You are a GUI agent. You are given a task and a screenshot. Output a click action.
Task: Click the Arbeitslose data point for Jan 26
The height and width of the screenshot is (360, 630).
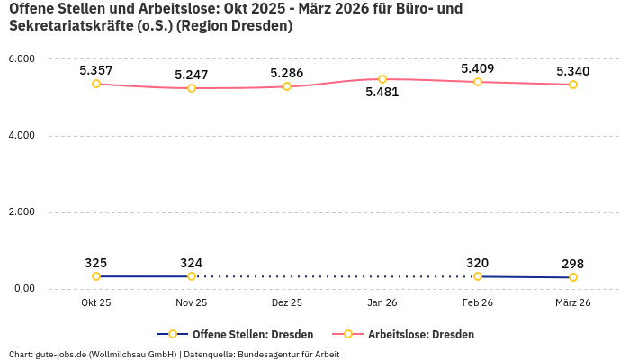coord(382,79)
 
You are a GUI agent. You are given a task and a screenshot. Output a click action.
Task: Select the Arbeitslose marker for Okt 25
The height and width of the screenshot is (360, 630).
coord(96,84)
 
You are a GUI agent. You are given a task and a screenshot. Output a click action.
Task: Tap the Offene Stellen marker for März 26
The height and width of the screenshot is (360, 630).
coord(573,277)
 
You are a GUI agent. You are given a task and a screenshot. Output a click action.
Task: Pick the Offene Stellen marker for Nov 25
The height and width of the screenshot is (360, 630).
coord(192,276)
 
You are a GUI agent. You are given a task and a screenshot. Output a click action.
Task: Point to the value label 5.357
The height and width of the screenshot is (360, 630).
coord(96,70)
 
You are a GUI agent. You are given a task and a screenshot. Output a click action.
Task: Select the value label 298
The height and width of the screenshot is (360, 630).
coord(573,264)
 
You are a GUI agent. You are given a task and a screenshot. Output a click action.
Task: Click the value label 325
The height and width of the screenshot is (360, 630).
coord(96,263)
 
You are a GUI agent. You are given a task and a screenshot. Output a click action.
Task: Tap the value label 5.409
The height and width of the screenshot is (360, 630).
coord(478,68)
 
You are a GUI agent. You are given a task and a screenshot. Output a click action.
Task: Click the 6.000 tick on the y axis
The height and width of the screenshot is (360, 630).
coord(21,59)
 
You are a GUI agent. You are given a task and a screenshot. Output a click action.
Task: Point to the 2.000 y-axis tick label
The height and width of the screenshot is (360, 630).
coord(21,212)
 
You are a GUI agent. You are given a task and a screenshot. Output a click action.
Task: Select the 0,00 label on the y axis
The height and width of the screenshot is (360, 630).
coord(22,289)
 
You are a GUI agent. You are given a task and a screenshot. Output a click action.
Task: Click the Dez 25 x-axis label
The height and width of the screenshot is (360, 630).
coord(287,303)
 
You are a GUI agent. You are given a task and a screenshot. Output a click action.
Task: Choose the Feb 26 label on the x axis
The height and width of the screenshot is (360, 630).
coord(478,303)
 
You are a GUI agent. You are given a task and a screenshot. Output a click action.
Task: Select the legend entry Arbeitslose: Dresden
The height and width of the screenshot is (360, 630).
coord(420,334)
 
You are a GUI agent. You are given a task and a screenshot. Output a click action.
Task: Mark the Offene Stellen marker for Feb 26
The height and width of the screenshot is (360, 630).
coord(478,276)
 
